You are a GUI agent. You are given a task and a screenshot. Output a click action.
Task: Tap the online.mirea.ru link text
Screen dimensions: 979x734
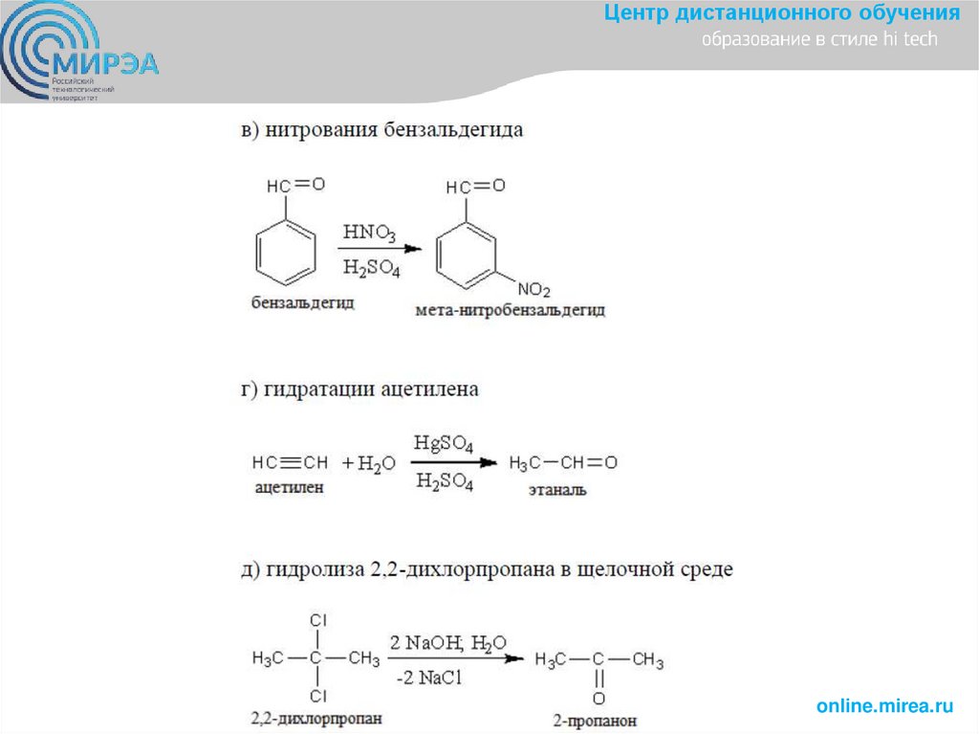click(884, 705)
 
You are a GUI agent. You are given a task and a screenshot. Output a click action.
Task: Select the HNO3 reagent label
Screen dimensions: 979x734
click(371, 232)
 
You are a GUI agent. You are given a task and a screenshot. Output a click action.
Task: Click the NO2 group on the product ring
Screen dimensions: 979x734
click(534, 289)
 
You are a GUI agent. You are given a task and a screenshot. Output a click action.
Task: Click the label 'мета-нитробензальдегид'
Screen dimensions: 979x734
click(510, 311)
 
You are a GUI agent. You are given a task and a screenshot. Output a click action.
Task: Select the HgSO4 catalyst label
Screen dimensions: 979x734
click(444, 444)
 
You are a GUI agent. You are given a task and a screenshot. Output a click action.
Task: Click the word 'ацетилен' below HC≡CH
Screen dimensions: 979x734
click(289, 487)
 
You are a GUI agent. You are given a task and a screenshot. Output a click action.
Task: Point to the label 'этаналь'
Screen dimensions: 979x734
click(558, 490)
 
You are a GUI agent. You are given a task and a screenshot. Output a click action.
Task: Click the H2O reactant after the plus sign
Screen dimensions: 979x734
click(376, 464)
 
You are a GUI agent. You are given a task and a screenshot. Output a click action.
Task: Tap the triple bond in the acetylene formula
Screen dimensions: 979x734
click(291, 463)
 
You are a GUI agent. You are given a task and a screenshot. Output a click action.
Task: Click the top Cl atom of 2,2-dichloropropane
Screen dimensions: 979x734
click(319, 621)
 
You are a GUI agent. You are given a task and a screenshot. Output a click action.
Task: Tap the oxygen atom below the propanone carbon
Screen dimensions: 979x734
click(598, 699)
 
